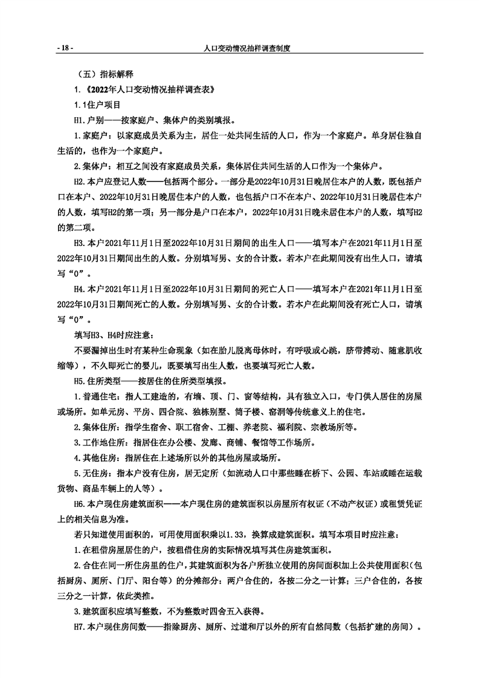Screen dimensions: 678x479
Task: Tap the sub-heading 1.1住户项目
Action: [98, 105]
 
